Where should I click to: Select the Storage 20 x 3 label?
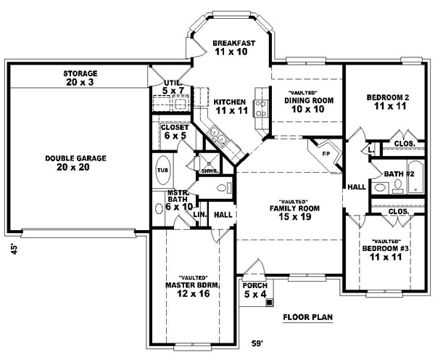[80, 78]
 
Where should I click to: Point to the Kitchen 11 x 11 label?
[232, 107]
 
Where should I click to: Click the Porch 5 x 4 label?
[254, 290]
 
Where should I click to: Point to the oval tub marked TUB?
[162, 170]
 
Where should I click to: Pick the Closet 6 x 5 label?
[174, 131]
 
